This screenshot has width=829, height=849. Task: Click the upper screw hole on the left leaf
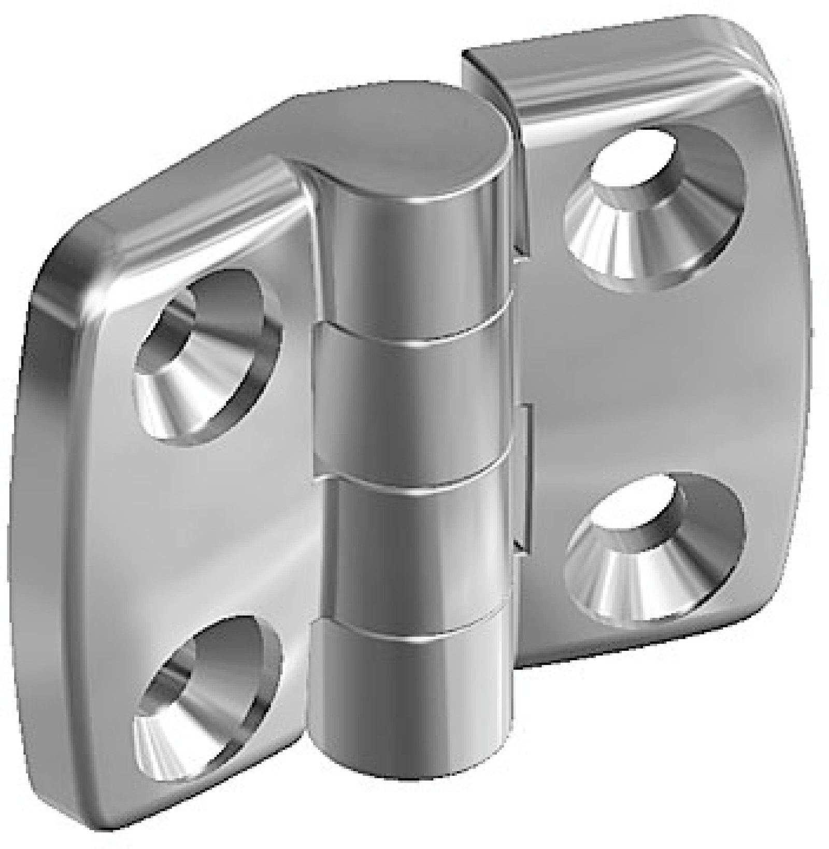[207, 358]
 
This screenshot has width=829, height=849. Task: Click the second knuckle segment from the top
[414, 399]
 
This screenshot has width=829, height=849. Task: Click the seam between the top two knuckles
[414, 332]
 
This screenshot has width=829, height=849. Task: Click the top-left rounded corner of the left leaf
[57, 270]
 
